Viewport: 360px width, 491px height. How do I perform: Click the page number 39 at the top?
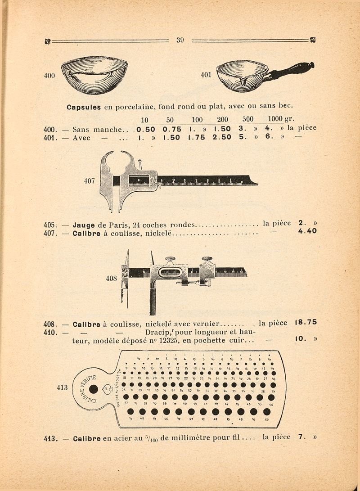[x=180, y=40]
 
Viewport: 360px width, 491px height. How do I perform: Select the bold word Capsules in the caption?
[x=84, y=108]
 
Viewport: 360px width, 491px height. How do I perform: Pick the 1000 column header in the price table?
[x=274, y=120]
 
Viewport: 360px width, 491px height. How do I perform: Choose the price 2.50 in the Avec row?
[x=222, y=138]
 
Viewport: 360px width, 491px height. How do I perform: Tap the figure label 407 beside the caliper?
[x=90, y=181]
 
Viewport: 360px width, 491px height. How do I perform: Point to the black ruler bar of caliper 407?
[x=207, y=180]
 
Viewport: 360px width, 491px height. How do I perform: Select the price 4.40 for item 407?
[x=307, y=231]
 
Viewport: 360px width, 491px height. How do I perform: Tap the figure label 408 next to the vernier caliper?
[x=111, y=279]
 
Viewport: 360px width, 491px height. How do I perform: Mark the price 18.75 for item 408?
[x=306, y=322]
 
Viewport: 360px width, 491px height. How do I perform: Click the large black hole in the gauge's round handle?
[x=94, y=389]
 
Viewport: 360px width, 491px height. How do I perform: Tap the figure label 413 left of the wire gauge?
[x=62, y=387]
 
